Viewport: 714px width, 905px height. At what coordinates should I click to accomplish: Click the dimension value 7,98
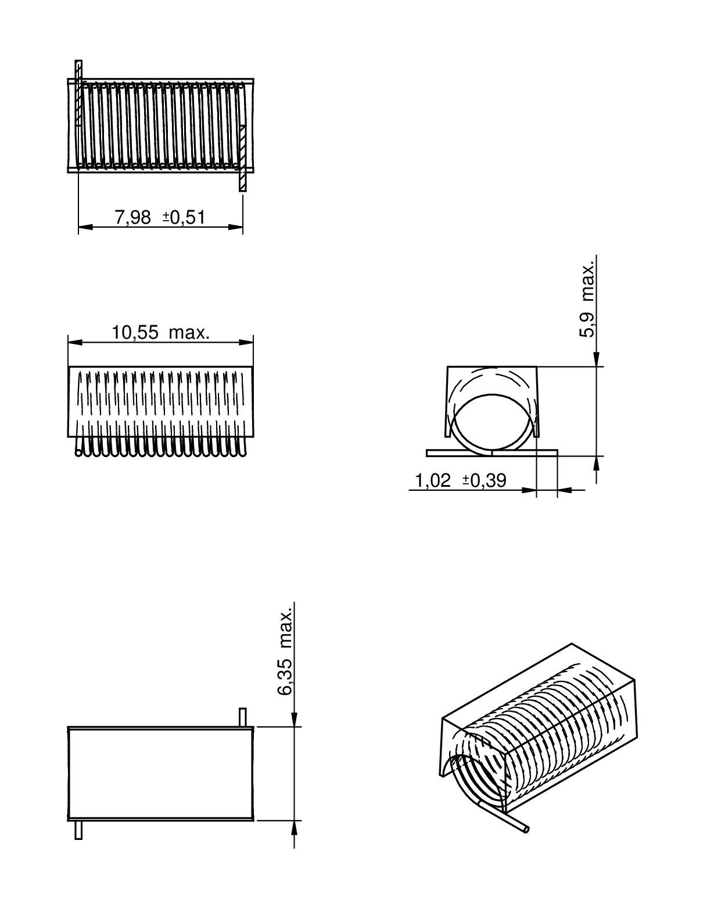(x=132, y=218)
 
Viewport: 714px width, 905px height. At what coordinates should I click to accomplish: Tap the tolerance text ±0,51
(x=184, y=218)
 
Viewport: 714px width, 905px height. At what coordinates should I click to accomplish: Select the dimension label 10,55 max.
(x=160, y=333)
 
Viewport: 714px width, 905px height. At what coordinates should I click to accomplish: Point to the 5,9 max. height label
(x=587, y=299)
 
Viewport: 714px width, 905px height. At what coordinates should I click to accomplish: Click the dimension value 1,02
(x=432, y=480)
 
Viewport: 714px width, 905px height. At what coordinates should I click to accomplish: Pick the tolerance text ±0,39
(x=485, y=480)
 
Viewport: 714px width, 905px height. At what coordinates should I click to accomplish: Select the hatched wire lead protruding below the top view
(x=242, y=157)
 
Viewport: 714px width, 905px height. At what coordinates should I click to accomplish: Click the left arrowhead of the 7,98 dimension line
(x=85, y=227)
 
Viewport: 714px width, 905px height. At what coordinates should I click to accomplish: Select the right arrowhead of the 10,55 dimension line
(x=246, y=342)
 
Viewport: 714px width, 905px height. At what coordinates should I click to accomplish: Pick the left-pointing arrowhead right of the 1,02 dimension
(x=565, y=490)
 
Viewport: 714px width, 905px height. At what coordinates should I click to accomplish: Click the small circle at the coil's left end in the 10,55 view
(x=78, y=453)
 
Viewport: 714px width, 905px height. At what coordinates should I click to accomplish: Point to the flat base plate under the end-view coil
(x=492, y=453)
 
